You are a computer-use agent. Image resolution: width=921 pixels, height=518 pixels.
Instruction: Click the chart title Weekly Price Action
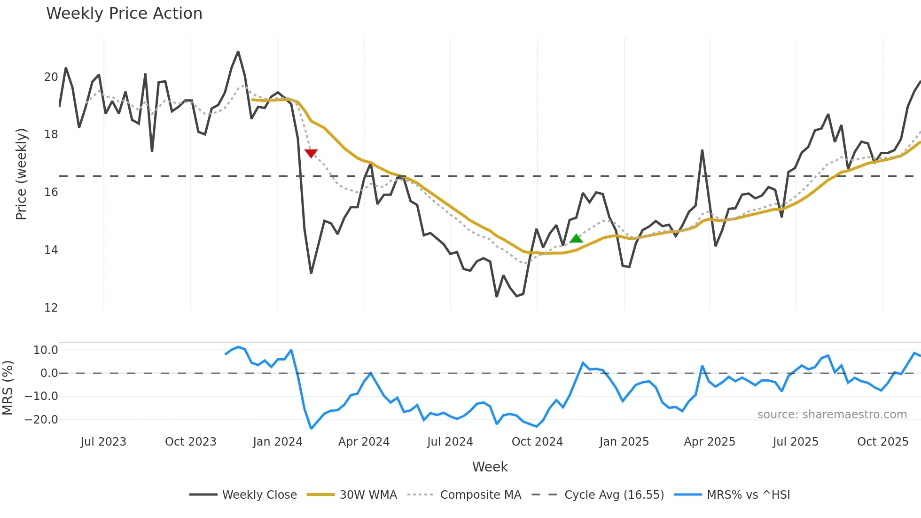[x=124, y=14]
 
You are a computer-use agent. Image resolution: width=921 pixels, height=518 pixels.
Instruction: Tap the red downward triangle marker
[x=311, y=153]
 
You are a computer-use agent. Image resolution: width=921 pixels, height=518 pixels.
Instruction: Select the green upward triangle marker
[x=576, y=239]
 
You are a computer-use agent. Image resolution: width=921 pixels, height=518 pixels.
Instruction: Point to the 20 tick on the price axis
[x=51, y=77]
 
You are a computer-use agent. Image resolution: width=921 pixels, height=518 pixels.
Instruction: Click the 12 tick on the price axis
[x=51, y=308]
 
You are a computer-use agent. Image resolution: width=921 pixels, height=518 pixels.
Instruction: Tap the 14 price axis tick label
[x=51, y=250]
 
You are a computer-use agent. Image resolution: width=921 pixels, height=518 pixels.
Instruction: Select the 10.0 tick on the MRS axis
[x=46, y=350]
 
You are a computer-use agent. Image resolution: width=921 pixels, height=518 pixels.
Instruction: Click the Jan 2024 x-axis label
[x=277, y=442]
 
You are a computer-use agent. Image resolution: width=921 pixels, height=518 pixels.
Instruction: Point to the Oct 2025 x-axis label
[x=882, y=442]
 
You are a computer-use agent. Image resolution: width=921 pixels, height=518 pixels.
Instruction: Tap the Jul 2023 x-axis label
[x=103, y=442]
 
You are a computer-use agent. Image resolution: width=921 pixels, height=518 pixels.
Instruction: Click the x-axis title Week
[x=490, y=467]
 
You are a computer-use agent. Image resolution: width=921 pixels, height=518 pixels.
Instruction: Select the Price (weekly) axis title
[x=21, y=174]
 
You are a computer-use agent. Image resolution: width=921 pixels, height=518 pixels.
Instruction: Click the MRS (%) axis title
[x=8, y=388]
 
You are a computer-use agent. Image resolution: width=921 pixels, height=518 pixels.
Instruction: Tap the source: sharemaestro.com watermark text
[x=832, y=415]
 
